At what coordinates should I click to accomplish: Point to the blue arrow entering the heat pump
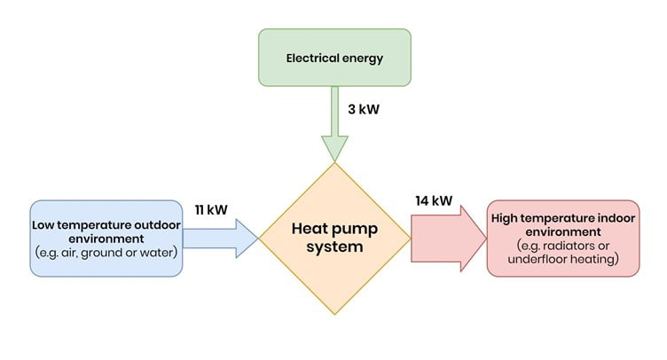point(222,238)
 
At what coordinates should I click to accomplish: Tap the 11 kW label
point(210,210)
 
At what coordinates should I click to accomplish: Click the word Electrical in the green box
point(311,59)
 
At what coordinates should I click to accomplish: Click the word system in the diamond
point(334,247)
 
